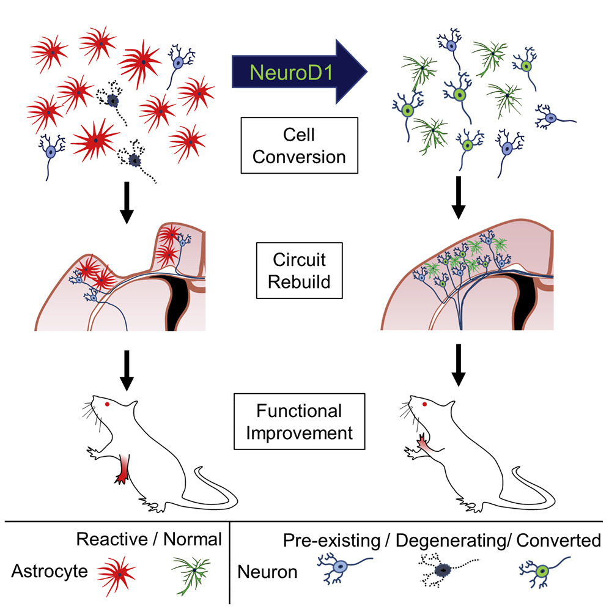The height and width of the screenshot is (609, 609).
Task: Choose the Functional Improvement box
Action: [x=300, y=421]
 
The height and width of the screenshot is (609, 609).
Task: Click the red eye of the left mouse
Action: [x=108, y=404]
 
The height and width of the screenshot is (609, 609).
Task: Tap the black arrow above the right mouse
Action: [x=458, y=369]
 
